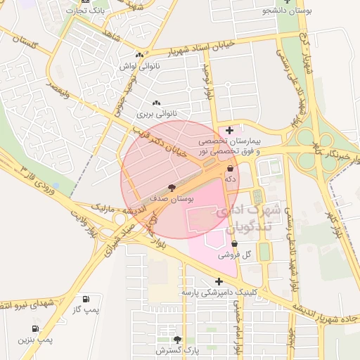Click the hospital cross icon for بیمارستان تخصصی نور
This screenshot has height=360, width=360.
pos(230,130)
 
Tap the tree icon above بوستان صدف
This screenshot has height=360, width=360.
pos(172,188)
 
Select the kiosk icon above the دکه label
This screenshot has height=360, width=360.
pos(230,169)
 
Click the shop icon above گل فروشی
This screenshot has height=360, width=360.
pos(234,244)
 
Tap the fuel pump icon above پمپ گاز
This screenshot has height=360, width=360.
pos(86,299)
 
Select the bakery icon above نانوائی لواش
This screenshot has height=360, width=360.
pos(139,56)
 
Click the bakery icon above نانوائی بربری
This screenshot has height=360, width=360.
pos(156,103)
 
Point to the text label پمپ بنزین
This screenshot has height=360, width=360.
pos(36,340)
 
